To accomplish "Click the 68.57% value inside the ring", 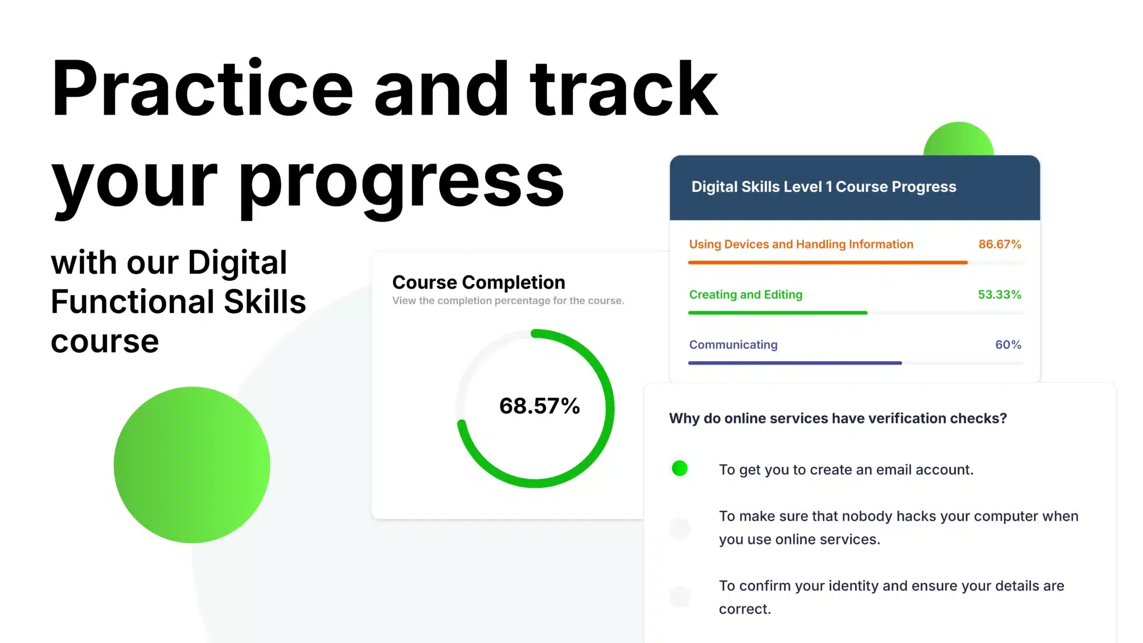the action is click(x=540, y=406).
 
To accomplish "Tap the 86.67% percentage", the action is click(x=1000, y=244).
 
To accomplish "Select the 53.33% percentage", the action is click(x=1000, y=295).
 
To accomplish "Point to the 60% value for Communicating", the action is click(x=1008, y=345).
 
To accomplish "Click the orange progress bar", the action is click(x=828, y=262).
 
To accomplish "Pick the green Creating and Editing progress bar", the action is click(x=778, y=313).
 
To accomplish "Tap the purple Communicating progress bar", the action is click(x=795, y=363).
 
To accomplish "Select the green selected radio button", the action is click(x=680, y=468).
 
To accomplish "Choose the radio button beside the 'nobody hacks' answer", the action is click(x=680, y=528).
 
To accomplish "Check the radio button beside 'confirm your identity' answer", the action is click(x=680, y=597).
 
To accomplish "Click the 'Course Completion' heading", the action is click(x=479, y=282).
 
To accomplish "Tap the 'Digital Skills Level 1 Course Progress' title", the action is click(x=824, y=187).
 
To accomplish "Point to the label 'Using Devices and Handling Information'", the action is click(x=801, y=244).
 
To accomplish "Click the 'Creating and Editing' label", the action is click(x=746, y=295).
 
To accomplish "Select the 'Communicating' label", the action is click(x=733, y=345).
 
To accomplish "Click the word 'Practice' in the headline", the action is click(x=203, y=88).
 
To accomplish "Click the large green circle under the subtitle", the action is click(x=192, y=465).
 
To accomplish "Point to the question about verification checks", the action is click(x=838, y=419).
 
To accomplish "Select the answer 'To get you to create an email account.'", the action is click(x=846, y=470).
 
